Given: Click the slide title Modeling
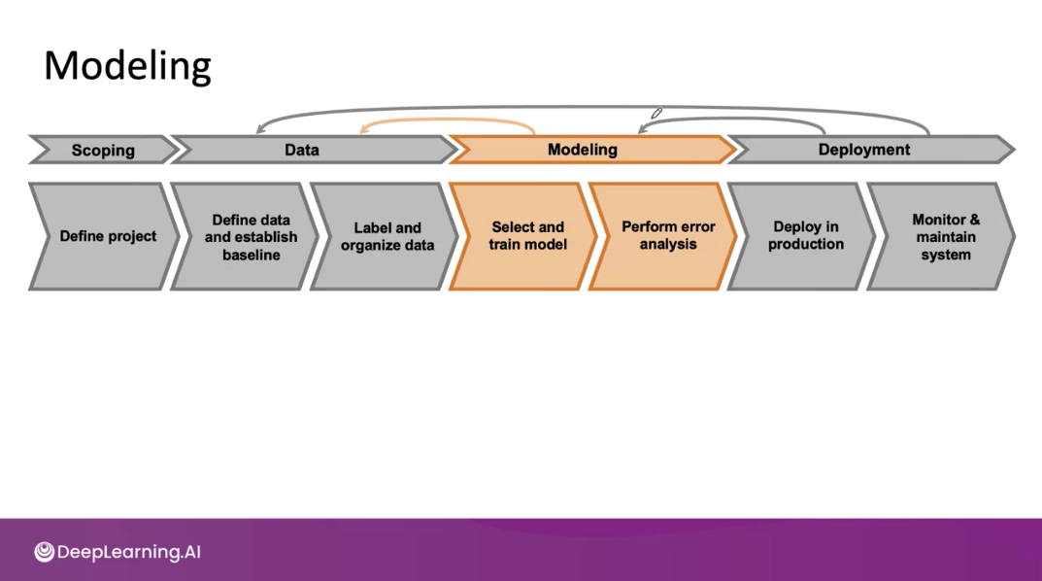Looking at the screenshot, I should tap(127, 66).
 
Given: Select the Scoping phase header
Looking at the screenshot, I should tap(103, 150).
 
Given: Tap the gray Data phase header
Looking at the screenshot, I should tap(302, 150).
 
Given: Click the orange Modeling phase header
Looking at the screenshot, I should tap(583, 150).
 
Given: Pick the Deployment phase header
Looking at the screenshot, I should tap(864, 150).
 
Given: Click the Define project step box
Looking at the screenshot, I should tap(108, 236).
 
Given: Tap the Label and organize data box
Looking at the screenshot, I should tap(386, 236).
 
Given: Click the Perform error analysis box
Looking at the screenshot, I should tap(667, 236).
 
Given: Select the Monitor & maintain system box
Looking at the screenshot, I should tap(945, 236).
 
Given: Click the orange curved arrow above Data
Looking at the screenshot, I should tap(447, 121).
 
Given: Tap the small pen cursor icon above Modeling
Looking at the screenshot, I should tap(656, 115).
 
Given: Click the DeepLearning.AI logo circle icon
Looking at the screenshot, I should tap(44, 552).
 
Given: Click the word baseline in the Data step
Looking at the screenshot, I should tap(252, 255).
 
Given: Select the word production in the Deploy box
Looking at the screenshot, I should tap(806, 245).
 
